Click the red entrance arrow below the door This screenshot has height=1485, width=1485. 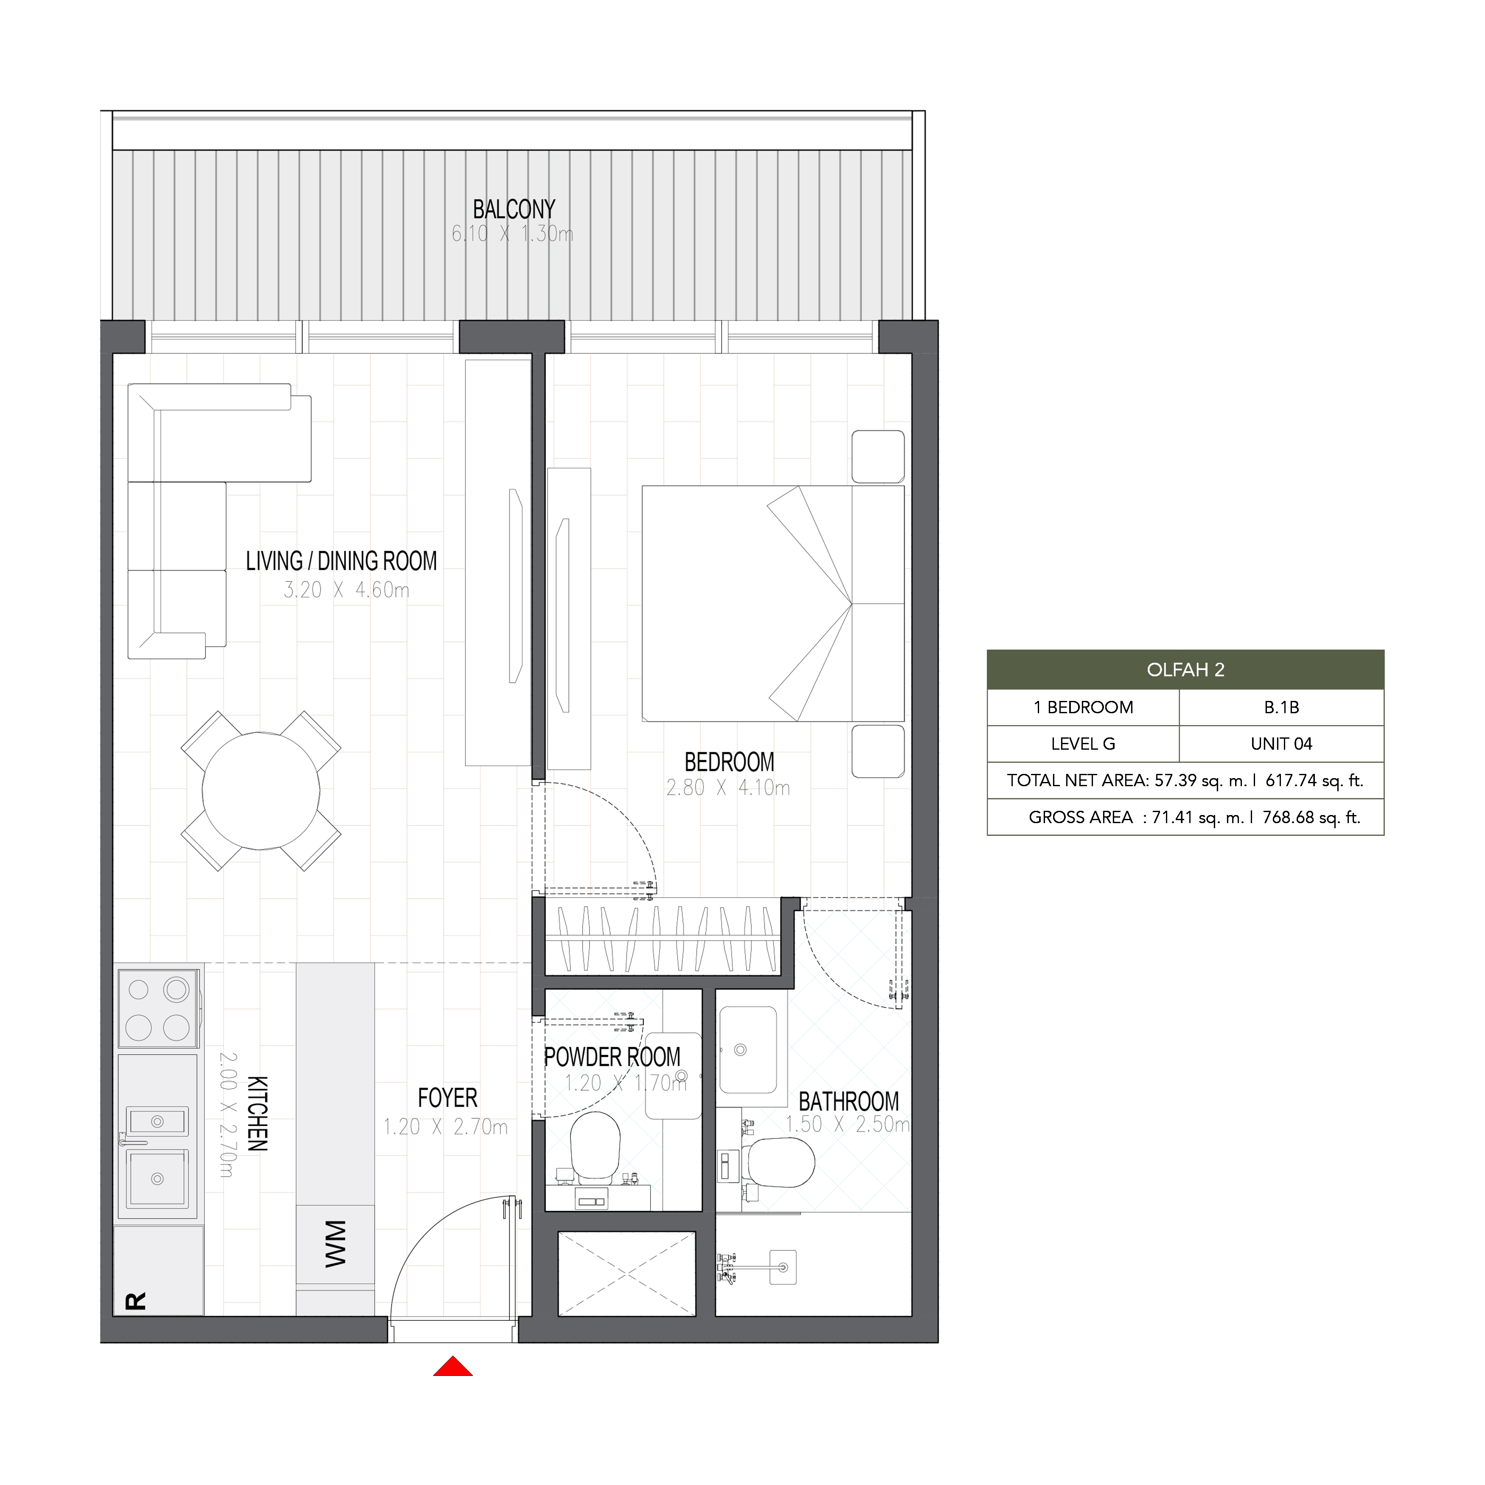click(x=453, y=1366)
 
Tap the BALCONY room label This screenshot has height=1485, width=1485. click(x=513, y=209)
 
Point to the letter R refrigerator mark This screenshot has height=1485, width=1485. click(x=135, y=1301)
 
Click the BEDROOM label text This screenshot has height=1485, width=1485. click(x=729, y=762)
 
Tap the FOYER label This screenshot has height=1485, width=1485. click(x=447, y=1098)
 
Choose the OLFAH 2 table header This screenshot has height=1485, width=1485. click(x=1185, y=670)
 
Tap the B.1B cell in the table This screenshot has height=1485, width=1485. click(x=1281, y=707)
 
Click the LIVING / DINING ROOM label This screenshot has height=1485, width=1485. click(x=341, y=561)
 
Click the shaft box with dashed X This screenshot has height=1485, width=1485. click(x=626, y=1274)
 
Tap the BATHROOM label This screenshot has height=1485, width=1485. click(x=849, y=1101)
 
